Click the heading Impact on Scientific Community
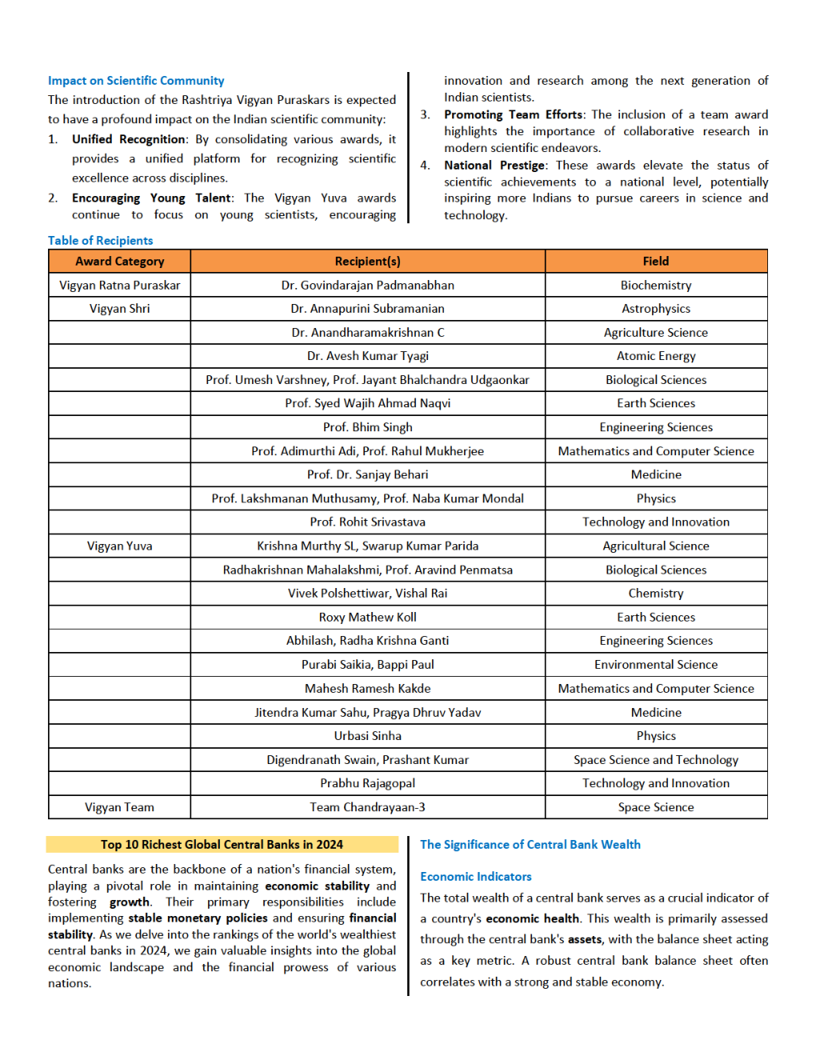click(136, 81)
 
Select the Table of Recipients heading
click(100, 241)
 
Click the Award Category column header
click(119, 262)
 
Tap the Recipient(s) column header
click(367, 262)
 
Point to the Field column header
click(655, 262)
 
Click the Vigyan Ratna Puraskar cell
click(119, 286)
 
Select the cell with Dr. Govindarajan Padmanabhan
click(367, 286)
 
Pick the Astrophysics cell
click(655, 309)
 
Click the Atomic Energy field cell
click(655, 356)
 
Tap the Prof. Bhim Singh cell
click(367, 427)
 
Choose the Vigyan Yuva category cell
click(119, 546)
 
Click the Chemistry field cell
click(655, 594)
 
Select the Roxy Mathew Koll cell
click(367, 618)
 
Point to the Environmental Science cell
click(655, 665)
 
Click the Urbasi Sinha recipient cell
click(367, 736)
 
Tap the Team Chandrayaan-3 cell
click(367, 807)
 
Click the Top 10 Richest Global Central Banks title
click(222, 845)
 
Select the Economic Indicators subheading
click(475, 877)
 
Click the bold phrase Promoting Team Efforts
click(513, 115)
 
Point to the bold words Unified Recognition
click(128, 139)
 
